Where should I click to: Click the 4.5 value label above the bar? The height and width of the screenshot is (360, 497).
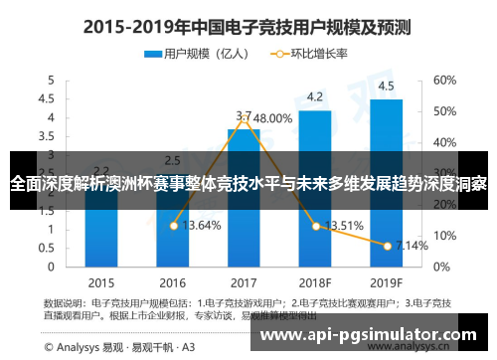pos(386,85)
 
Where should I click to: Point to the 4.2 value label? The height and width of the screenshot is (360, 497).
pos(314,96)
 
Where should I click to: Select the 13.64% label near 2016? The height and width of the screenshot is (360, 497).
pos(202,226)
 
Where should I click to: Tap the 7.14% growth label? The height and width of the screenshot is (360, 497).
pos(411,245)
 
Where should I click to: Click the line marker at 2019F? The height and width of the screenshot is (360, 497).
pos(387,244)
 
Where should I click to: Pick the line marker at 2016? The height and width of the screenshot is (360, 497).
pos(173,226)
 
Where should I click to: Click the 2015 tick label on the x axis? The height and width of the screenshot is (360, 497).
pos(100,281)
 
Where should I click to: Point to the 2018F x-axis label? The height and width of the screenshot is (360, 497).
pos(314,281)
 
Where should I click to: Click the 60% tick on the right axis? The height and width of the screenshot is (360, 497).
pos(444,79)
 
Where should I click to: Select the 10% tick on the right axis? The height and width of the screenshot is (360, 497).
pos(443,236)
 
